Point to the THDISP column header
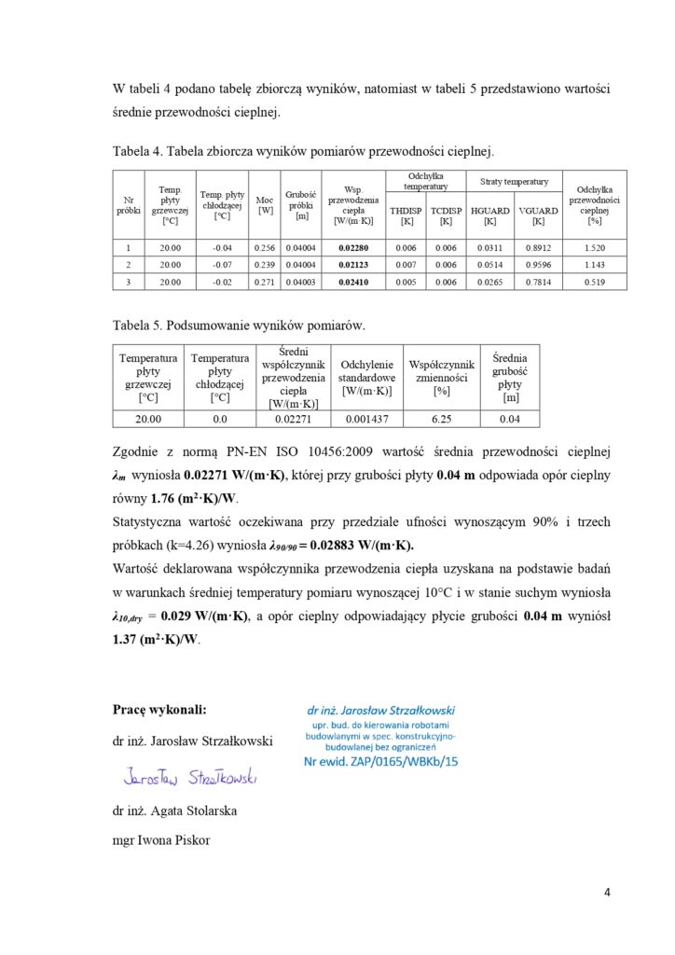(406, 216)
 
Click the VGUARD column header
(538, 216)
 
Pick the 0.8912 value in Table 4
(538, 247)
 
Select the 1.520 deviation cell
(594, 247)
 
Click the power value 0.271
(265, 282)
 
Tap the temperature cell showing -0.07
(221, 265)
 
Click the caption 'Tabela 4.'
(139, 150)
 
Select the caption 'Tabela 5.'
(139, 326)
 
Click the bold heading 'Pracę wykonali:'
(159, 709)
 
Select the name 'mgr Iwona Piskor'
(161, 840)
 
